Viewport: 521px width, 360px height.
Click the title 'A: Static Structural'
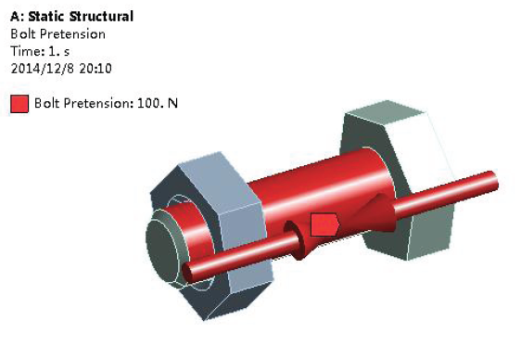click(x=71, y=17)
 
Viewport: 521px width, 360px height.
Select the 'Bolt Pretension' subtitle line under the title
click(x=58, y=34)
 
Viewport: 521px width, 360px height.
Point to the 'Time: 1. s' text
click(x=40, y=51)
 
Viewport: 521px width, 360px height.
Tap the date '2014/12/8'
click(x=43, y=69)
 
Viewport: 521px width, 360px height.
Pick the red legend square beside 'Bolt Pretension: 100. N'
click(x=19, y=104)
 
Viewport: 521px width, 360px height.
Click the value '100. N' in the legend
click(x=158, y=103)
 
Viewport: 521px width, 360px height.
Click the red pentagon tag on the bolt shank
click(x=324, y=225)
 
